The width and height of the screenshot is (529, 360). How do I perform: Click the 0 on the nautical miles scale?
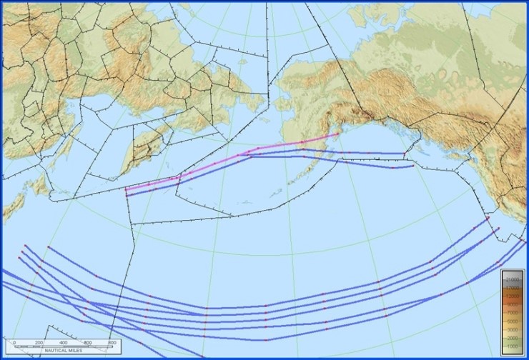coord(14,343)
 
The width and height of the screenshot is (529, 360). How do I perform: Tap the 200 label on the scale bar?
coord(39,343)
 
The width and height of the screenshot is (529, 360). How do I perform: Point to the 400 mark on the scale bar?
coord(64,343)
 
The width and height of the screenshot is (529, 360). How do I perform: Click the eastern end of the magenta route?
coord(338,134)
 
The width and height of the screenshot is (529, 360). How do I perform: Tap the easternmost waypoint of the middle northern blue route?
coord(404,154)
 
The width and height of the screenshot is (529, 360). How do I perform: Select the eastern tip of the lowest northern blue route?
coord(413,166)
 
